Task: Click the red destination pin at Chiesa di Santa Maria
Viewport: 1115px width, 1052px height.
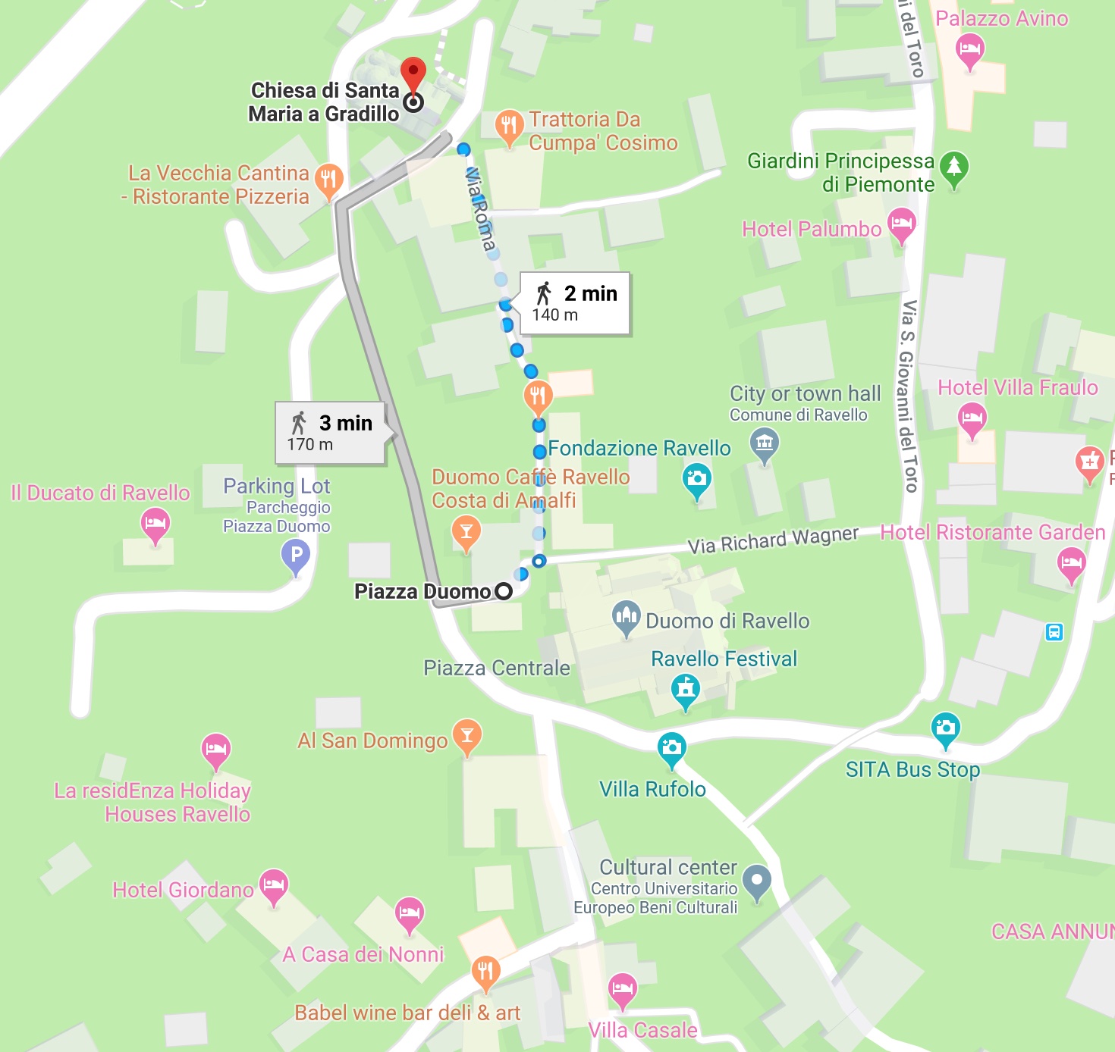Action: pyautogui.click(x=413, y=74)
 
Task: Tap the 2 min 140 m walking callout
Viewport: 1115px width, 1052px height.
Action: pyautogui.click(x=575, y=303)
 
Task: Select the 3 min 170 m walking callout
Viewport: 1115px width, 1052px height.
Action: pyautogui.click(x=330, y=433)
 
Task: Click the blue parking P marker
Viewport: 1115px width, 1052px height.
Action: pyautogui.click(x=296, y=556)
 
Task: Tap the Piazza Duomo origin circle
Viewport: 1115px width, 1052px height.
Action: pyautogui.click(x=504, y=591)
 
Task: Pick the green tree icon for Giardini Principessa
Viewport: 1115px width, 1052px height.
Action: pyautogui.click(x=953, y=167)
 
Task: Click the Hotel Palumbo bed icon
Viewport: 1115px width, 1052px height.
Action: pyautogui.click(x=901, y=224)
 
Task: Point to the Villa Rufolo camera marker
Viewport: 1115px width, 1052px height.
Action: pyautogui.click(x=671, y=748)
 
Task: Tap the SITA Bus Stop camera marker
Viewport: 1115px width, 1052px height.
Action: pyautogui.click(x=945, y=728)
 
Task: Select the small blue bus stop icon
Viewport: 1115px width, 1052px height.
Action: pyautogui.click(x=1054, y=631)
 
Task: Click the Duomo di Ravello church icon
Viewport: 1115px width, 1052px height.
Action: pyautogui.click(x=626, y=617)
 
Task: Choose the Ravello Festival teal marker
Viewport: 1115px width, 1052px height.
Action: pyautogui.click(x=686, y=689)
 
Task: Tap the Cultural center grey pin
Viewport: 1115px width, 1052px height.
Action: pyautogui.click(x=756, y=881)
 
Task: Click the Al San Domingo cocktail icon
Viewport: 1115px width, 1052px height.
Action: pyautogui.click(x=466, y=735)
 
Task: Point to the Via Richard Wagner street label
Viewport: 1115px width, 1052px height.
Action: pyautogui.click(x=772, y=540)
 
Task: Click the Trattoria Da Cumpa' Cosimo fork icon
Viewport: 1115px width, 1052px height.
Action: pyautogui.click(x=509, y=125)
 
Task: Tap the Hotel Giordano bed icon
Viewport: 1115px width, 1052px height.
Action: pyautogui.click(x=273, y=884)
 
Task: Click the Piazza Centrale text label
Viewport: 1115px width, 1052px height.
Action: pyautogui.click(x=496, y=668)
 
